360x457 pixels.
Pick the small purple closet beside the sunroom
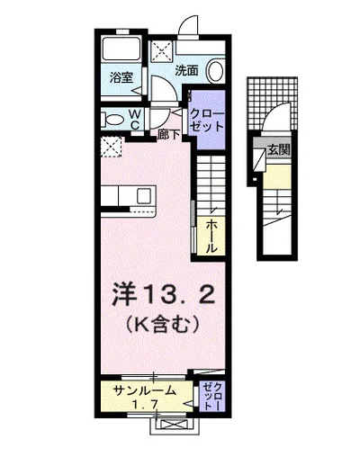(x=209, y=397)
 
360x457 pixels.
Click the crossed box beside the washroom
(x=164, y=49)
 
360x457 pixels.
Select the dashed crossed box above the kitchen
(x=111, y=147)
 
